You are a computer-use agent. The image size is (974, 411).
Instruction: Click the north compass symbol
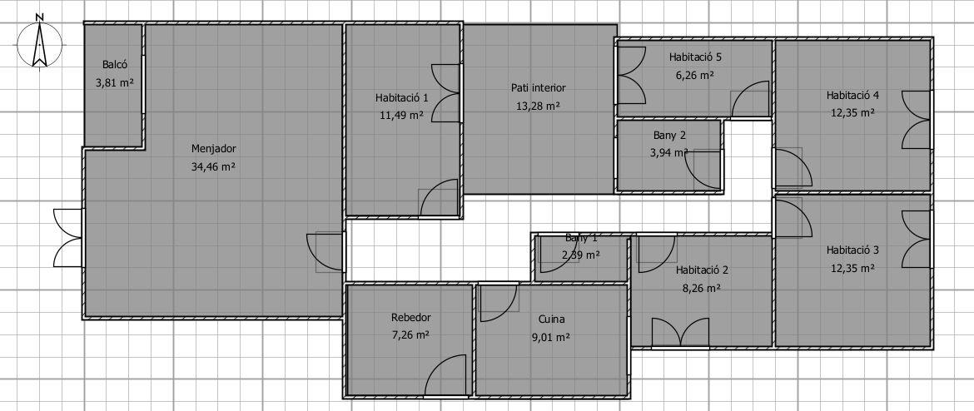pyautogui.click(x=39, y=42)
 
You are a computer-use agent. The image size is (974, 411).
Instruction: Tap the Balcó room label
pyautogui.click(x=115, y=64)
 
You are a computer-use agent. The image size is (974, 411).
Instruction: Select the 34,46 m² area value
pyautogui.click(x=214, y=166)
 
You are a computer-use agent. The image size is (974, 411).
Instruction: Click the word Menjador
pyautogui.click(x=214, y=148)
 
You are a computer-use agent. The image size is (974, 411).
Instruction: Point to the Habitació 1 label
pyautogui.click(x=402, y=97)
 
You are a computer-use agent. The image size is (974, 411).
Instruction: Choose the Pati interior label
pyautogui.click(x=539, y=87)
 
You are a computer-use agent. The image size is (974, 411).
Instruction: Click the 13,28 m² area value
pyautogui.click(x=539, y=106)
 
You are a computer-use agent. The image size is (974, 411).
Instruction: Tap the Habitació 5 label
pyautogui.click(x=695, y=57)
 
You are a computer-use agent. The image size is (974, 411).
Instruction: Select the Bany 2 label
pyautogui.click(x=669, y=135)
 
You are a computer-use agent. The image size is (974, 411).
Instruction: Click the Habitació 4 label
pyautogui.click(x=852, y=95)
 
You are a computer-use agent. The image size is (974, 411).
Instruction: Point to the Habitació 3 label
pyautogui.click(x=852, y=250)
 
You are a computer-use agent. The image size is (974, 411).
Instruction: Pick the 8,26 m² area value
pyautogui.click(x=702, y=288)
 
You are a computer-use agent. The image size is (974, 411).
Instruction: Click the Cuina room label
pyautogui.click(x=552, y=319)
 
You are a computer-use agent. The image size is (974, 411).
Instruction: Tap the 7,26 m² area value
pyautogui.click(x=410, y=335)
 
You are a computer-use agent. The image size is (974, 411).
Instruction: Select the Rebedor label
pyautogui.click(x=410, y=317)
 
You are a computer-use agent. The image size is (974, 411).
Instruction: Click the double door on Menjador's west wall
pyautogui.click(x=68, y=239)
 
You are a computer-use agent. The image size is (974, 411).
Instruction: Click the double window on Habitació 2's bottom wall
pyautogui.click(x=680, y=333)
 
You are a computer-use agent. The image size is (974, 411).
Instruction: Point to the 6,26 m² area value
pyautogui.click(x=695, y=75)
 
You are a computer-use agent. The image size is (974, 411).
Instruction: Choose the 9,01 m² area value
pyautogui.click(x=552, y=337)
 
